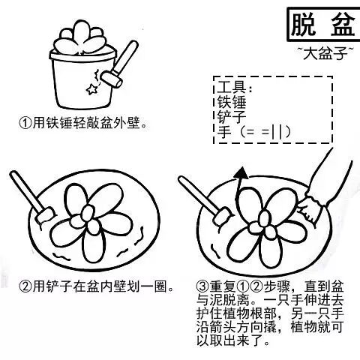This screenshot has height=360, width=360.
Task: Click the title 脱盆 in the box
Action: [x=323, y=25]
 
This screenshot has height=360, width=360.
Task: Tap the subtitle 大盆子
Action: [x=325, y=53]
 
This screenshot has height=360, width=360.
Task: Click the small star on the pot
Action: [x=91, y=89]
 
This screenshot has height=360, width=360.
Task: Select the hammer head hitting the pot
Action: [x=111, y=79]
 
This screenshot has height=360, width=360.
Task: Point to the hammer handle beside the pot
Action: [x=125, y=58]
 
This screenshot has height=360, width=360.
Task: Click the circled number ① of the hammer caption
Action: [x=25, y=122]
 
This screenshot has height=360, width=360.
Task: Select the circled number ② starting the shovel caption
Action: [x=25, y=286]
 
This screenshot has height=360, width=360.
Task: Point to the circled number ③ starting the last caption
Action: [x=202, y=286]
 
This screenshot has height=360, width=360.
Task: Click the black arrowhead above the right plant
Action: [x=241, y=173]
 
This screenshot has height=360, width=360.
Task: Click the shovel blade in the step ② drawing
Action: [x=45, y=215]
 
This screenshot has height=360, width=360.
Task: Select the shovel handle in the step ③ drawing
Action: [x=197, y=194]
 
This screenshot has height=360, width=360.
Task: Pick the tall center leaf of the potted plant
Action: [x=80, y=34]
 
